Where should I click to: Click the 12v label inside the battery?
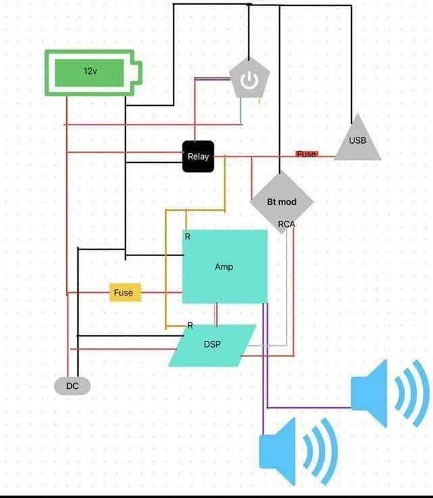90,70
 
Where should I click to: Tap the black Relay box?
198,157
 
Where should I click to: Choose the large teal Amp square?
225,266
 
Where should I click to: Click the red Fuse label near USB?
306,154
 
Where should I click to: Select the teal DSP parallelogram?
213,345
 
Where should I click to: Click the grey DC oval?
72,386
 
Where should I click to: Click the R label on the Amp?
188,236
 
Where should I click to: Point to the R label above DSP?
190,325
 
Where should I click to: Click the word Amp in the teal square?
224,267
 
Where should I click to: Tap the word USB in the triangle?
357,141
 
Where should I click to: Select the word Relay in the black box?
198,157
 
